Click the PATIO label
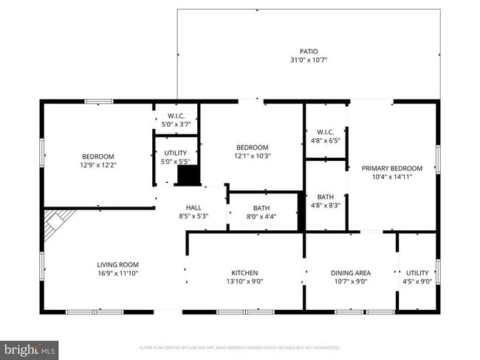pyautogui.click(x=309, y=52)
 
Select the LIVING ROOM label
pyautogui.click(x=118, y=264)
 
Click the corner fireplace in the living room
pyautogui.click(x=57, y=223)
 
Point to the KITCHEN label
pyautogui.click(x=244, y=272)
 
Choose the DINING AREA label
pyautogui.click(x=351, y=272)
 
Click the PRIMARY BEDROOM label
pyautogui.click(x=391, y=168)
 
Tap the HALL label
pyautogui.click(x=193, y=208)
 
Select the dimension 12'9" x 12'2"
pyautogui.click(x=98, y=165)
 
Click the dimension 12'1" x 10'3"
pyautogui.click(x=252, y=156)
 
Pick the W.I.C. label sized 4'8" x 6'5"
pyautogui.click(x=325, y=141)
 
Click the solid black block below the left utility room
pyautogui.click(x=188, y=176)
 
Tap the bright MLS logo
pyautogui.click(x=30, y=349)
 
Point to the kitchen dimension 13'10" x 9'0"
pyautogui.click(x=244, y=281)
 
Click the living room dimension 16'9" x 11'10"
pyautogui.click(x=118, y=273)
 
